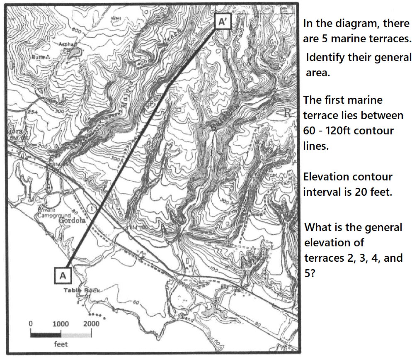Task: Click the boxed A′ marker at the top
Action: (222, 22)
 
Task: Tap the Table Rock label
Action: (82, 290)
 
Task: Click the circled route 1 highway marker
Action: (92, 207)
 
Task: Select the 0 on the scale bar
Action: (30, 324)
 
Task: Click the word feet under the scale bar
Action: (61, 344)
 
